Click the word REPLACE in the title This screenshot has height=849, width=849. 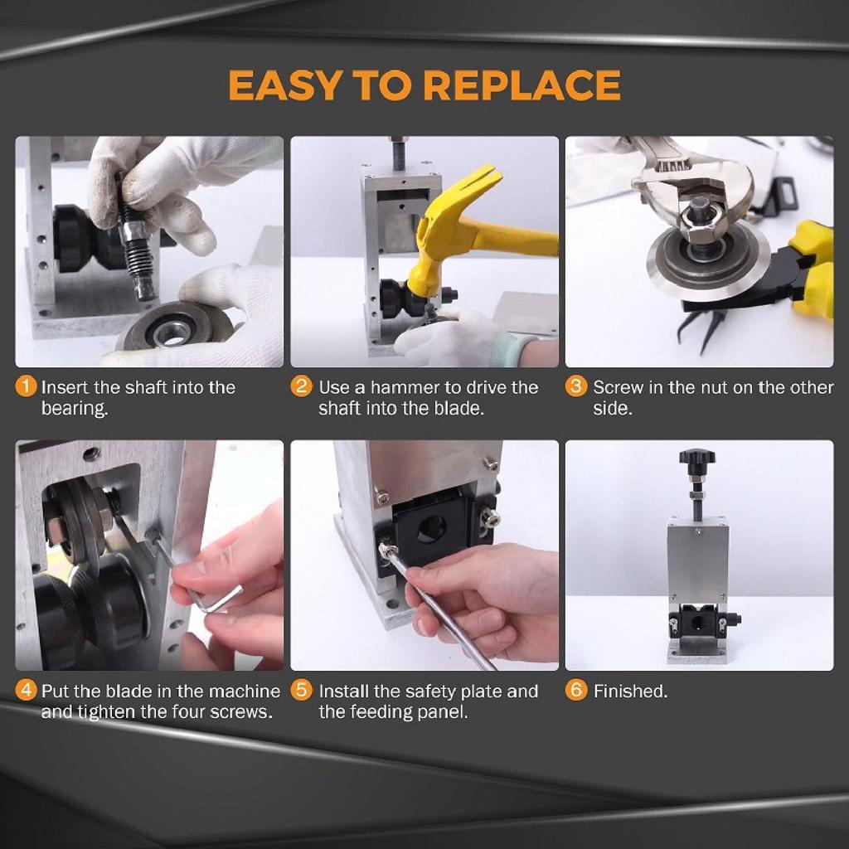(x=521, y=86)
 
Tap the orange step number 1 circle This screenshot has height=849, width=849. (x=27, y=386)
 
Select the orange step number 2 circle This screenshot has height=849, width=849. (x=303, y=386)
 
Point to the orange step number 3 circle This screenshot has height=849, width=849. (x=577, y=386)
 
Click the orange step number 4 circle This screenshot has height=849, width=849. (x=27, y=691)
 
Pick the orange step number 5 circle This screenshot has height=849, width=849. (x=303, y=691)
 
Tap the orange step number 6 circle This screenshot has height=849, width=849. (x=577, y=691)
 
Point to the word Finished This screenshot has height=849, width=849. (x=630, y=691)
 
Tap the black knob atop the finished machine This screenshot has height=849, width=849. (x=696, y=457)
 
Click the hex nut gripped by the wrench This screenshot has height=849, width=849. (x=698, y=221)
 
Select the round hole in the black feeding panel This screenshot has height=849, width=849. (x=431, y=528)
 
